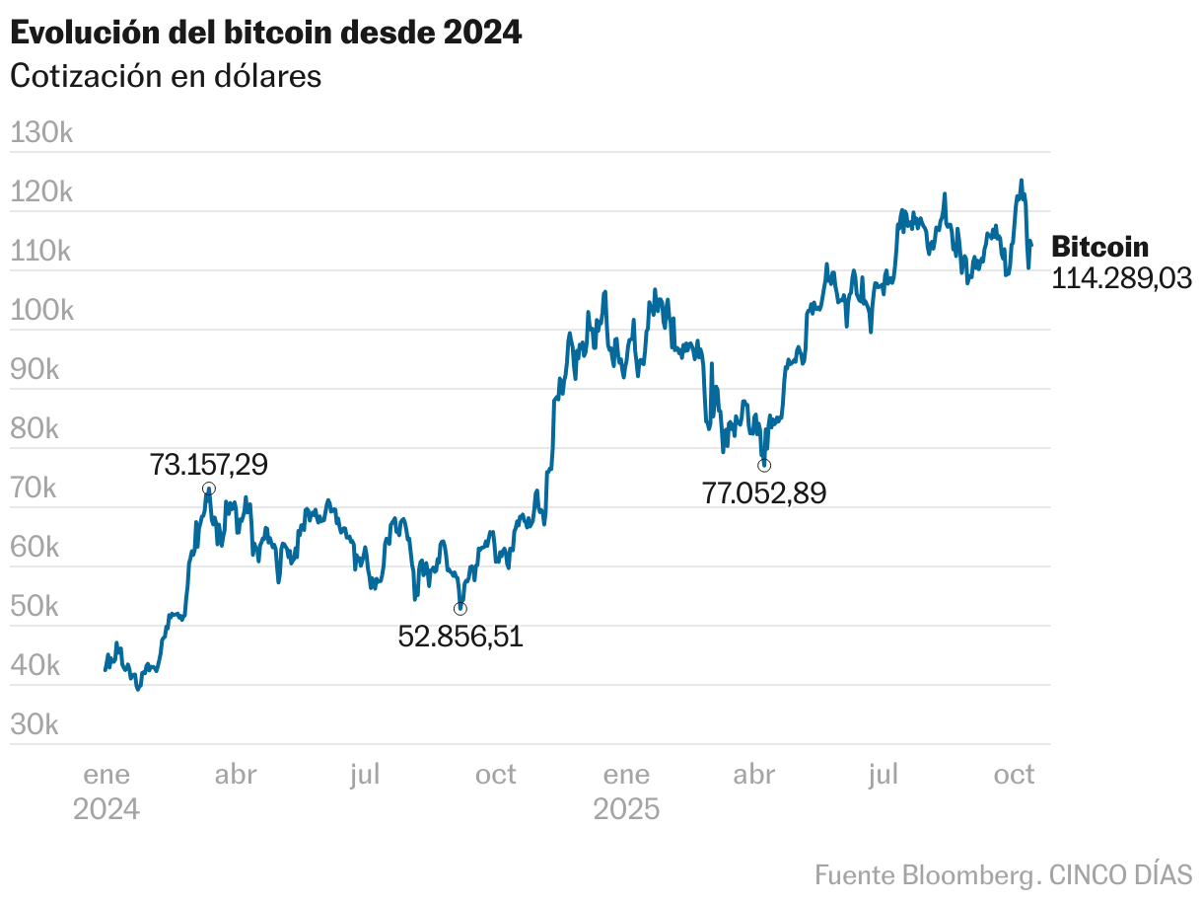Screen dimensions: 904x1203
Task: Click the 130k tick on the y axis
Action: pos(41,133)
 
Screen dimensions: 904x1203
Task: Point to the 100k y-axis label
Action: pos(41,311)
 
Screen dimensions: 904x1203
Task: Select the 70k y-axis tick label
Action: pos(35,489)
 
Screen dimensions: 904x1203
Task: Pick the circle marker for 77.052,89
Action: pos(764,465)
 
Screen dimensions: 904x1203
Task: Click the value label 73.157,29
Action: pos(208,464)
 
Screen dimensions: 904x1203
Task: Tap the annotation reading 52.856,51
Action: pos(460,637)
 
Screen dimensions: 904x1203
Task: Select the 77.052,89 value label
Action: pos(764,492)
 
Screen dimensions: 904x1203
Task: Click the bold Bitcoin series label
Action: pos(1100,247)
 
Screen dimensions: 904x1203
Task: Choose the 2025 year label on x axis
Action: pos(626,810)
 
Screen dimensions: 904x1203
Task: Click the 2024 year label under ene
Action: pos(106,810)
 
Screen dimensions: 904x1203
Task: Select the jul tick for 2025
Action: pos(884,775)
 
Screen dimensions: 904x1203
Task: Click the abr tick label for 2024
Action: pos(235,775)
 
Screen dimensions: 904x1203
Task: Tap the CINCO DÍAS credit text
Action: pos(1120,874)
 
